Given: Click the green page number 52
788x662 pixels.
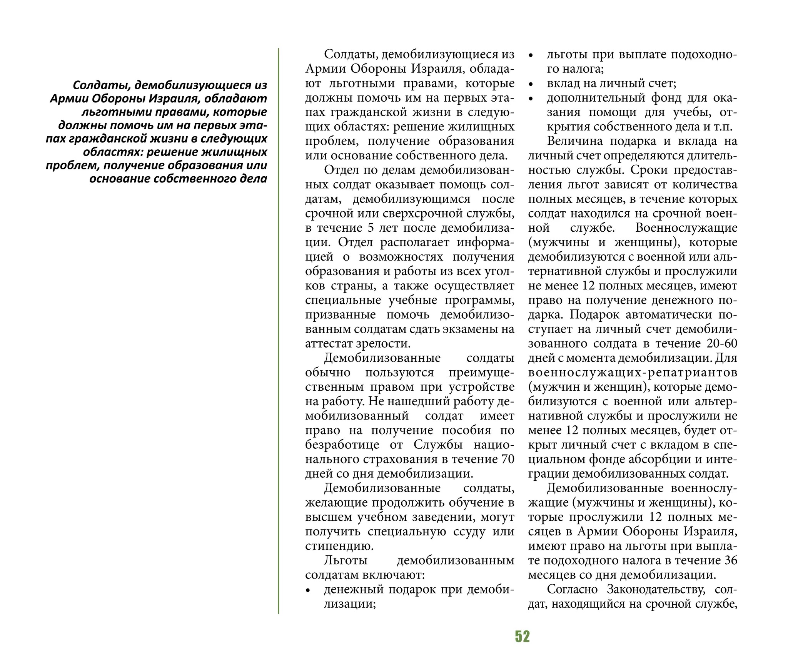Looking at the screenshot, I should tap(522, 636).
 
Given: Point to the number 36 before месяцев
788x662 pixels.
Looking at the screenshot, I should tap(730, 560).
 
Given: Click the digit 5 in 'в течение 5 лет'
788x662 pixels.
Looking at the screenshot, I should tap(371, 228).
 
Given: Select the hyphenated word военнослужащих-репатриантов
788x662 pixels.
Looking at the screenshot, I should tap(633, 373).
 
